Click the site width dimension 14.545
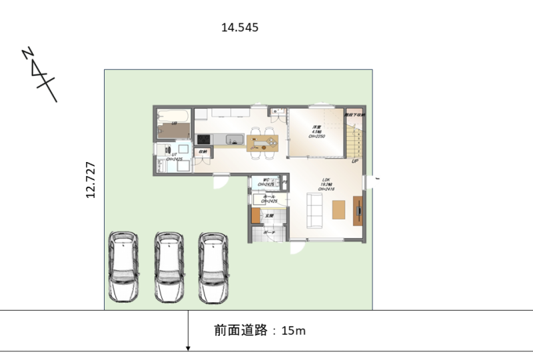[239, 28]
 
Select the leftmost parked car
[123, 267]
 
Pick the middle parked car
[169, 267]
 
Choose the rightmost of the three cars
[213, 267]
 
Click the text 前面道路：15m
[260, 330]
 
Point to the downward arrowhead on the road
[189, 347]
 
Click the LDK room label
[326, 184]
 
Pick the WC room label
[266, 181]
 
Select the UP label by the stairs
[355, 161]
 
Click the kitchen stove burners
[203, 139]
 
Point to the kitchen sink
[234, 139]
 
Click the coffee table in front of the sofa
[338, 209]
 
